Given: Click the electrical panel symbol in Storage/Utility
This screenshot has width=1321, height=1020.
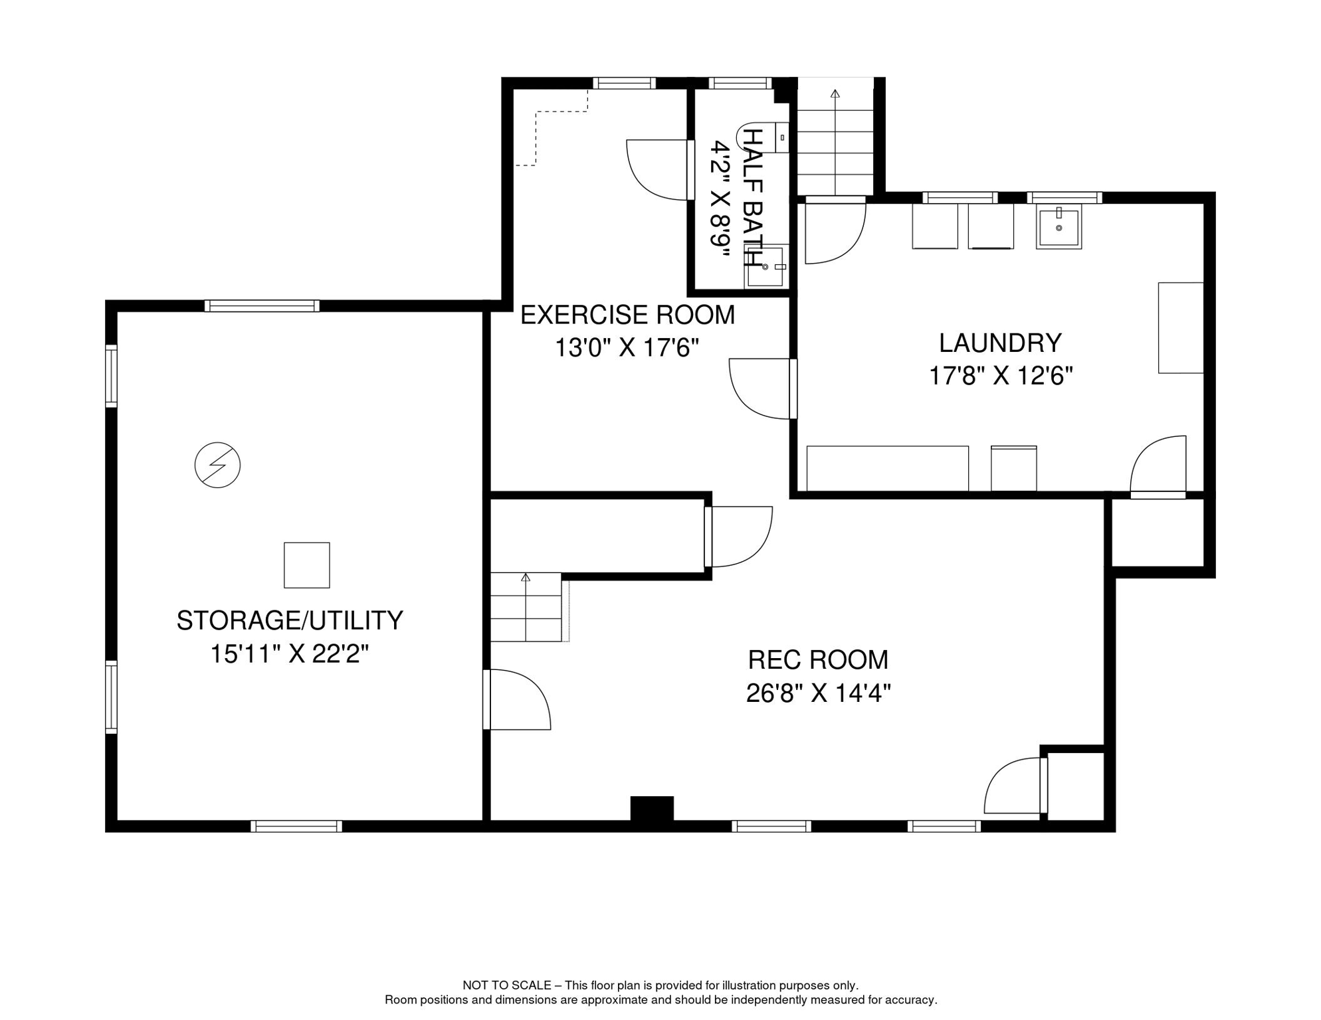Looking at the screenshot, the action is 217,465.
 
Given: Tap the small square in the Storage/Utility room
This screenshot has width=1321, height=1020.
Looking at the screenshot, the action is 307,565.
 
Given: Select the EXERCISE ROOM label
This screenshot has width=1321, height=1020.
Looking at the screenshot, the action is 627,315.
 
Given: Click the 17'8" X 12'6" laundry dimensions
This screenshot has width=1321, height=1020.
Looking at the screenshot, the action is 1001,377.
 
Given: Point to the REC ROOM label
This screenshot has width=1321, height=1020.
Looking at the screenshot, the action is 818,660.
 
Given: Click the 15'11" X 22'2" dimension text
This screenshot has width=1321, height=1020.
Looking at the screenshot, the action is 290,654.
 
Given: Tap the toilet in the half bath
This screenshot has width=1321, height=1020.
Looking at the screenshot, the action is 763,137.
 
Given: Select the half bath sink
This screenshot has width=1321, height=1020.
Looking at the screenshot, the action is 766,266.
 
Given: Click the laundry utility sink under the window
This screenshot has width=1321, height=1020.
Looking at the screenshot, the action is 1059,226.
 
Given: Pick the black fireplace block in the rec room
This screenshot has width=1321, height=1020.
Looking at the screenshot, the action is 652,808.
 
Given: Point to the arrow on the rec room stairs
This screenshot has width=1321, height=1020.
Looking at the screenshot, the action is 526,606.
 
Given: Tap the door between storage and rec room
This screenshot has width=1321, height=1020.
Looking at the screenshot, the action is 517,700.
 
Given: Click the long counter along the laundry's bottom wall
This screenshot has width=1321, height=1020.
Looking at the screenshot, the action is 887,468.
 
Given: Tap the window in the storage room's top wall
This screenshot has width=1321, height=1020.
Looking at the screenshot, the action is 262,305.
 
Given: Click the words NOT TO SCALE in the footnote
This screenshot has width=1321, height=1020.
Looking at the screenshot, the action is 507,985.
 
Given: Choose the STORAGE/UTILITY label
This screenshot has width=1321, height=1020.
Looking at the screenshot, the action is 290,620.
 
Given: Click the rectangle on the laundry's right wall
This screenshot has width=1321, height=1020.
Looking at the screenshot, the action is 1181,328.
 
